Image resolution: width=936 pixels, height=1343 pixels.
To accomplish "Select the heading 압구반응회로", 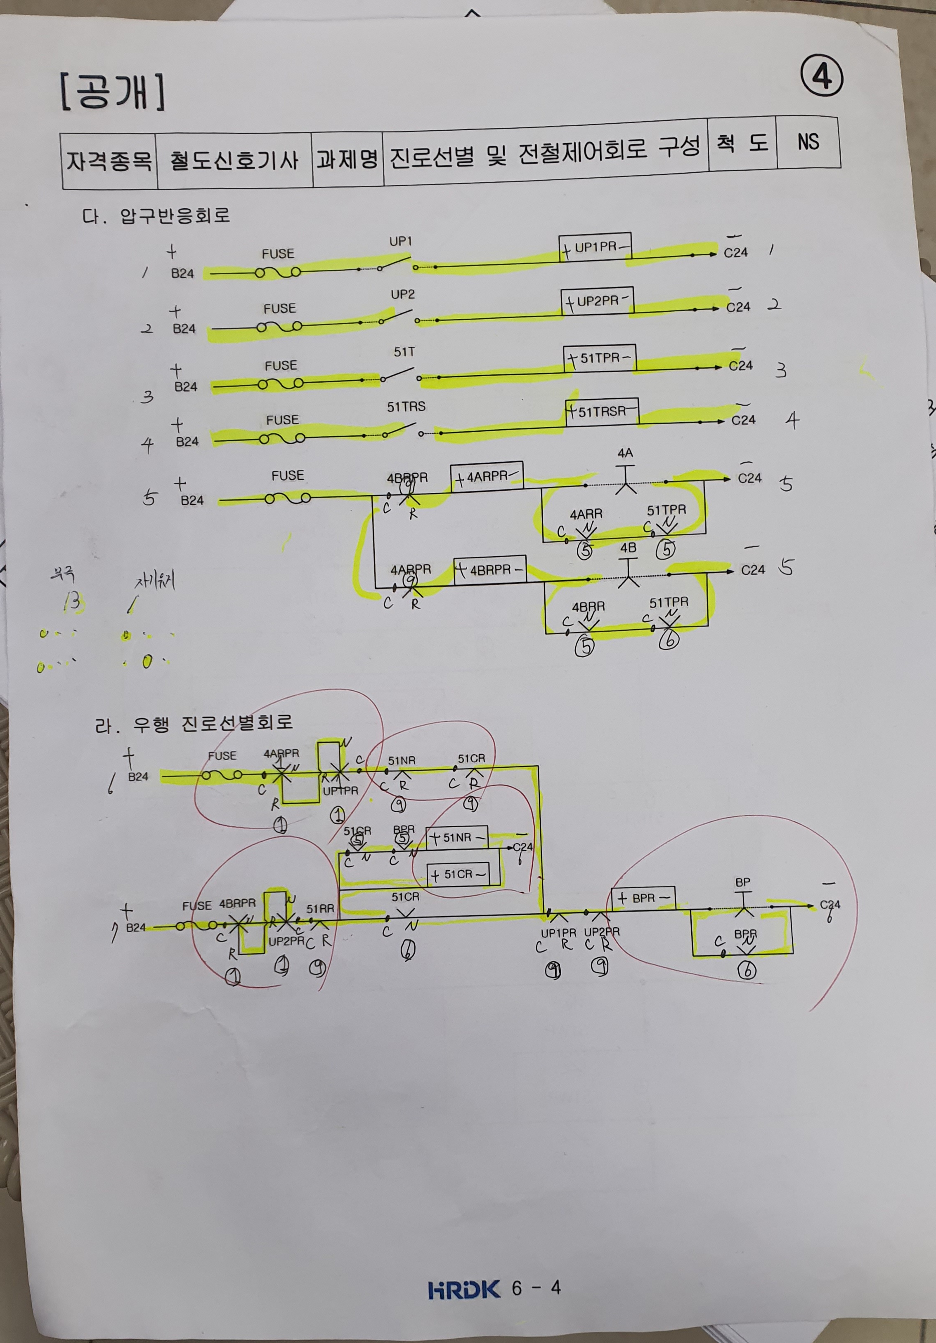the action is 175,215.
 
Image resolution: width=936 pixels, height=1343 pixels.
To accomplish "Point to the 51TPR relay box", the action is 599,358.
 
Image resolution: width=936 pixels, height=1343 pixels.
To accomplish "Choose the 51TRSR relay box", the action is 602,412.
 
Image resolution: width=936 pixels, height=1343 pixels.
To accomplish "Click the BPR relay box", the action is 643,897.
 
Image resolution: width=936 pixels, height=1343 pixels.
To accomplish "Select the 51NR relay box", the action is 456,837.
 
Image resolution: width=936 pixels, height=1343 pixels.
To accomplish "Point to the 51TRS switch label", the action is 406,407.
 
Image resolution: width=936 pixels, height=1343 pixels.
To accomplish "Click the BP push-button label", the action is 742,882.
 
